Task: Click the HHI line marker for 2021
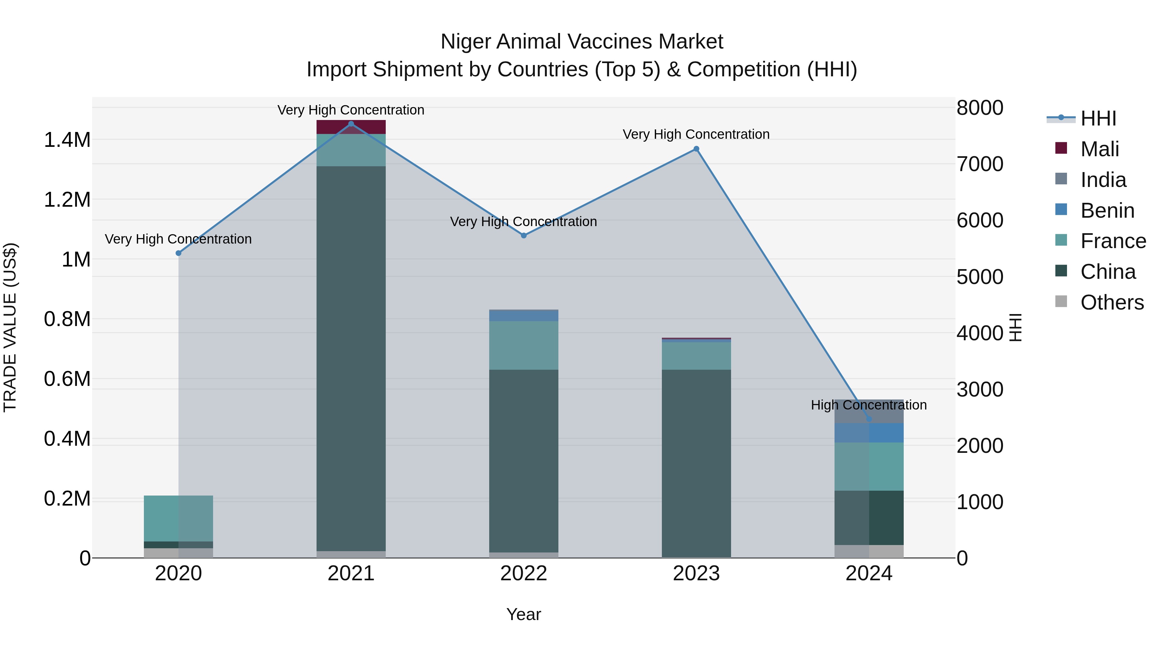click(x=351, y=124)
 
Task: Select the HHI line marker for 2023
click(x=696, y=149)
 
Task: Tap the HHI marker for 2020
click(x=178, y=253)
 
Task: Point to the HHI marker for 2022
click(x=524, y=235)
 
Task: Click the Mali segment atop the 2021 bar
click(x=351, y=127)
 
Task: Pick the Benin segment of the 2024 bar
click(x=869, y=433)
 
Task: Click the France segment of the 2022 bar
click(x=524, y=345)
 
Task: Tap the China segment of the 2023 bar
click(x=696, y=463)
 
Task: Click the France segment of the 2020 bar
click(x=178, y=519)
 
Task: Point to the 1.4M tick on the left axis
click(x=67, y=140)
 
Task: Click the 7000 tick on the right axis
click(x=980, y=164)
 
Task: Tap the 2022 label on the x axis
click(x=524, y=573)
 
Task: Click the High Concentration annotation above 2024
click(x=868, y=405)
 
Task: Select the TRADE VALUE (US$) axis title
click(x=10, y=327)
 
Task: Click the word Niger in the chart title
click(x=465, y=42)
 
